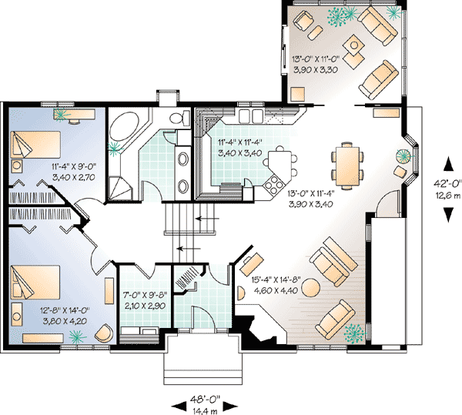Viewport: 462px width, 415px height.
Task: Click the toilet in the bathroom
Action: (x=180, y=118)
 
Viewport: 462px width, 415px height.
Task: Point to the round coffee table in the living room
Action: (x=310, y=287)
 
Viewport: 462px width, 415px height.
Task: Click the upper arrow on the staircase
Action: (x=207, y=219)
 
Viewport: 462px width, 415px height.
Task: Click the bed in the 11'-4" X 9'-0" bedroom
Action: (x=35, y=145)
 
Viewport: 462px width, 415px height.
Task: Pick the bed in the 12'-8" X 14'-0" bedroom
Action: (x=35, y=282)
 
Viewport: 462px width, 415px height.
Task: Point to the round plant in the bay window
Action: (x=403, y=155)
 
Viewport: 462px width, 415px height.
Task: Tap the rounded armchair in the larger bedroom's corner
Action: (x=104, y=333)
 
